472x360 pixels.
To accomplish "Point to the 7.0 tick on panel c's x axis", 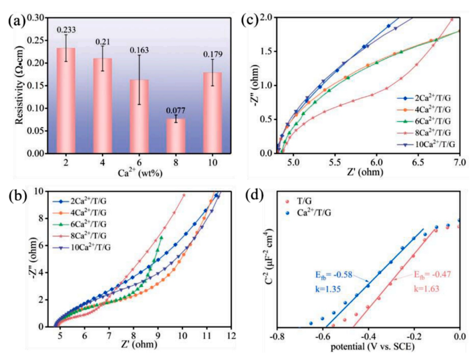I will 459,165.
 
